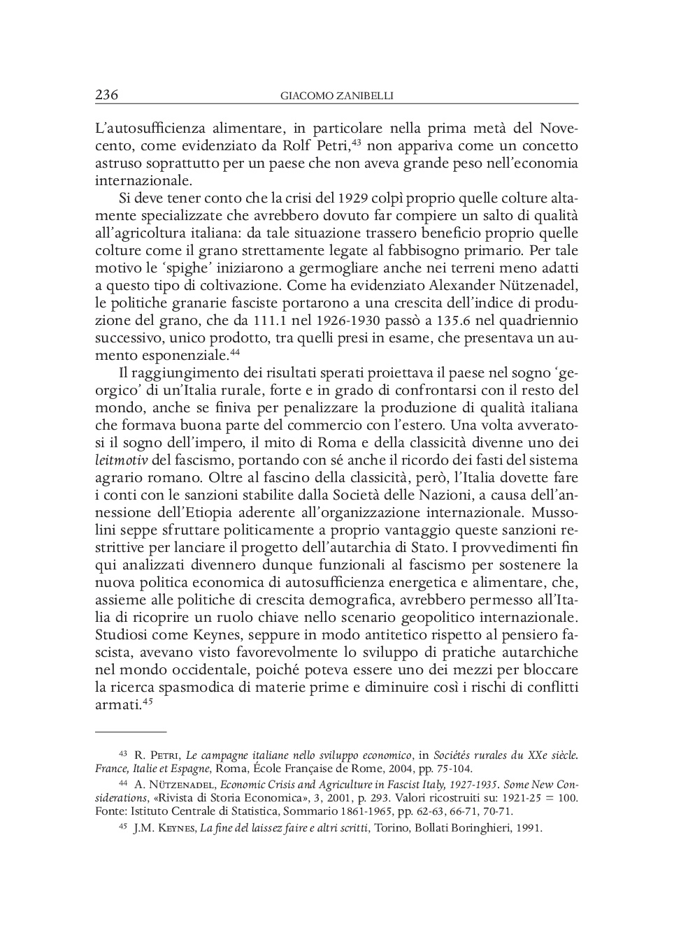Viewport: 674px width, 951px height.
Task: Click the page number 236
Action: tap(106, 95)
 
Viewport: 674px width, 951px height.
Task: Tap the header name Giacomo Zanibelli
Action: tap(336, 96)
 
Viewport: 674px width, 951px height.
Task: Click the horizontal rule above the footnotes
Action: tap(131, 732)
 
